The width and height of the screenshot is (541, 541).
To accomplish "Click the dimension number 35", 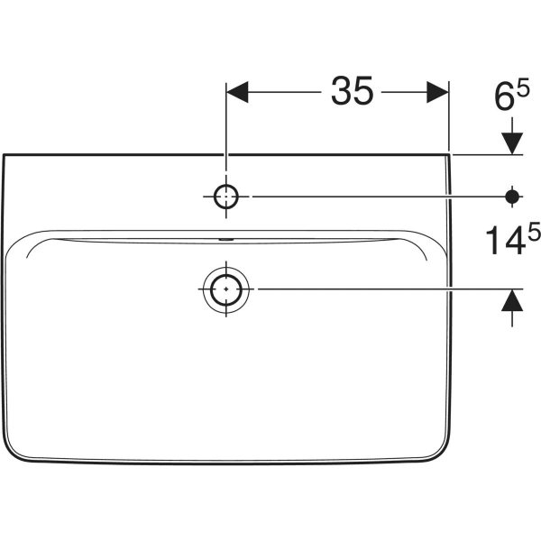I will click(x=352, y=92).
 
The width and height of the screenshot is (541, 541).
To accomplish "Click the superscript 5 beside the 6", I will click(x=524, y=84).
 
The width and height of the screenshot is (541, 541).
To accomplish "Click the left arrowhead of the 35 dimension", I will click(x=236, y=92).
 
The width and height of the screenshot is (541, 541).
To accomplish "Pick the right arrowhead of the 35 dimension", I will click(x=438, y=92).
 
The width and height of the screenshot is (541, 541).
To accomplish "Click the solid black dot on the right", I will click(x=512, y=195).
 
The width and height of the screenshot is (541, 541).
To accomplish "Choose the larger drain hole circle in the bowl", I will click(x=225, y=289).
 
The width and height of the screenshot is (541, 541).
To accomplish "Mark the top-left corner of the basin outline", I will click(x=5, y=155).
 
